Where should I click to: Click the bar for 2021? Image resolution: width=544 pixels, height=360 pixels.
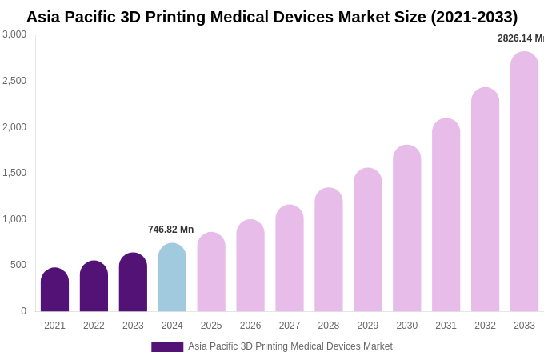[54, 290]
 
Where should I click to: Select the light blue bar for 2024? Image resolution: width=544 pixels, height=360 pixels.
[172, 278]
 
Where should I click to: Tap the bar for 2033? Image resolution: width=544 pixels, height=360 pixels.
[524, 182]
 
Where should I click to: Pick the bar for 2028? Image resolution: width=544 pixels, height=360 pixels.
[328, 250]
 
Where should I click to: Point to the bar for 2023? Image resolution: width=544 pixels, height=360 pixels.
[133, 282]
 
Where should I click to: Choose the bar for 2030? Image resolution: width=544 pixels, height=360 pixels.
[406, 228]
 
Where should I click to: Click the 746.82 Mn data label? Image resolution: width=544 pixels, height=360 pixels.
[170, 230]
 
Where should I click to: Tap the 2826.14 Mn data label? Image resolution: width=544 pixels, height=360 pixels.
[520, 38]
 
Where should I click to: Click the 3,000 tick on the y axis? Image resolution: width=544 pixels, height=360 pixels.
[14, 34]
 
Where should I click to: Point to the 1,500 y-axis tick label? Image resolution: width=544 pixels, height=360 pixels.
[14, 173]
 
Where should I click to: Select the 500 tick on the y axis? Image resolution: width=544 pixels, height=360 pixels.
[18, 265]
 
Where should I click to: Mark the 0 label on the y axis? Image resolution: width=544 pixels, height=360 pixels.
[23, 311]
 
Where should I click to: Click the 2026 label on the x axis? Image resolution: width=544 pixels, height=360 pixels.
[250, 326]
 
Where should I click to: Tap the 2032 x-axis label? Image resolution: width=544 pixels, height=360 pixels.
[485, 326]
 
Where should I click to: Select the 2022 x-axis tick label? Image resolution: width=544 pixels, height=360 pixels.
[94, 326]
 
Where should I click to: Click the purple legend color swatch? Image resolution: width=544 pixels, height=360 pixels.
[167, 347]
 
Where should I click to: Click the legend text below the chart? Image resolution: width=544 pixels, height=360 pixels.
[290, 346]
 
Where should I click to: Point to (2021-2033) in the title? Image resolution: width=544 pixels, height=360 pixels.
[474, 17]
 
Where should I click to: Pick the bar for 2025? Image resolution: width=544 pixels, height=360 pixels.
[211, 272]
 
